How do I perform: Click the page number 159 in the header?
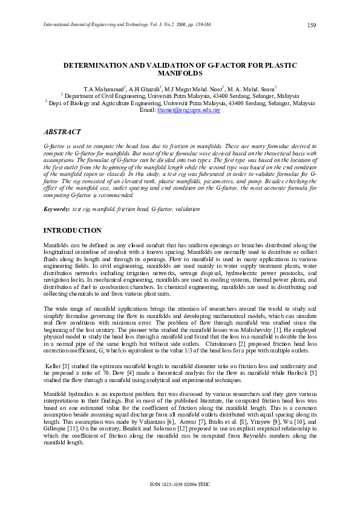pyautogui.click(x=312, y=25)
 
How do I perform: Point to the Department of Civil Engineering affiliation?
pyautogui.click(x=103, y=96)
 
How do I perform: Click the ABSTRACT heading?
pyautogui.click(x=62, y=132)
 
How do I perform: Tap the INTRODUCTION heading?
pyautogui.click(x=73, y=231)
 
